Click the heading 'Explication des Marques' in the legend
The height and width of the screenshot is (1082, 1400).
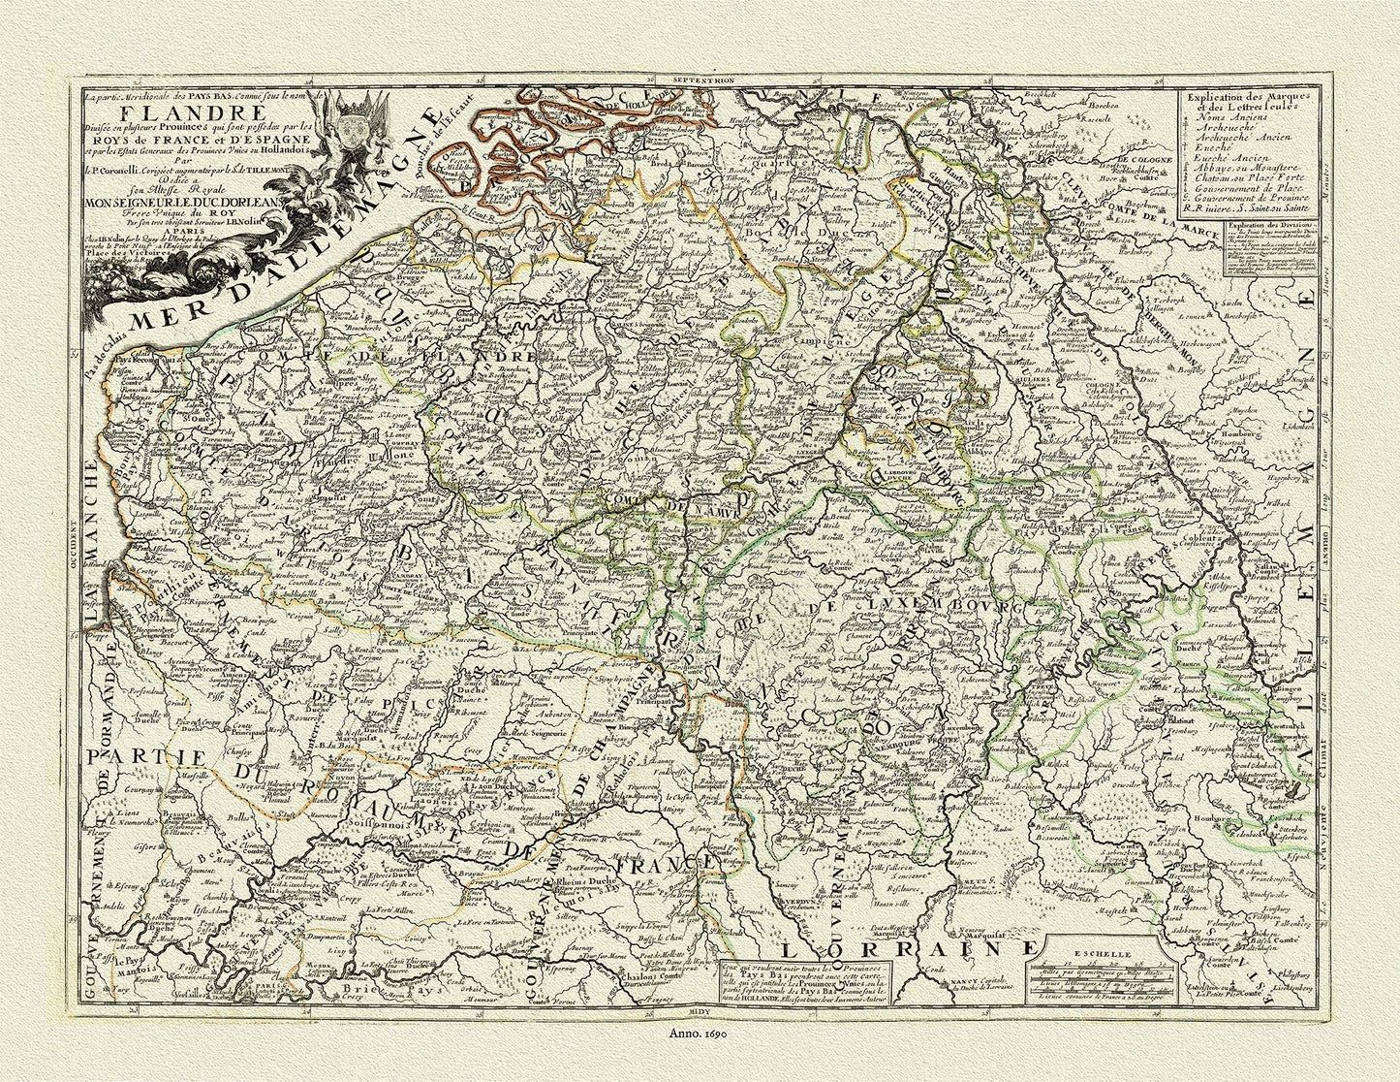pos(1240,98)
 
